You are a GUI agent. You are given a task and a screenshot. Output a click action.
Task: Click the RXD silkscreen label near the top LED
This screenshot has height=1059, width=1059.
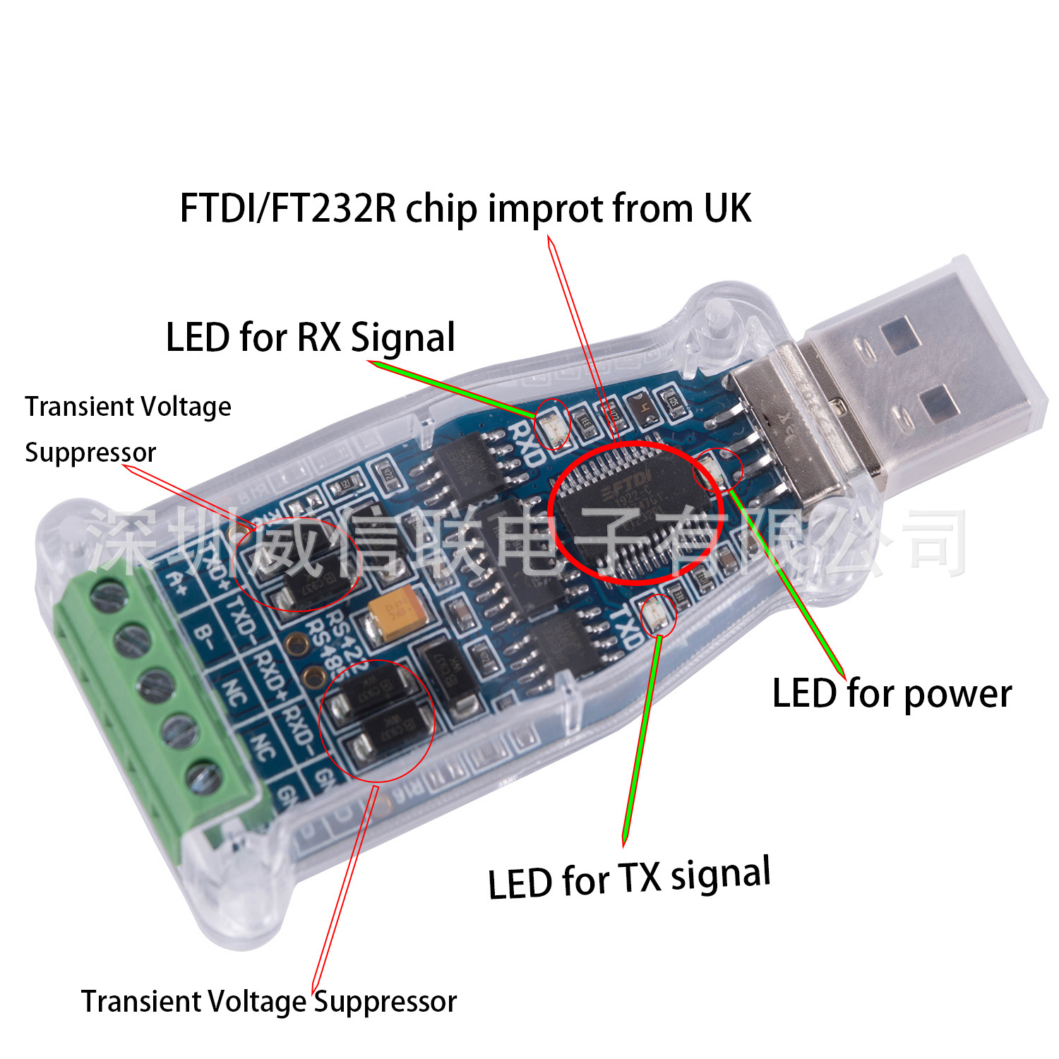[527, 443]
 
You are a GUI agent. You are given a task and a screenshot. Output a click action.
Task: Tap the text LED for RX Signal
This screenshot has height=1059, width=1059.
[311, 337]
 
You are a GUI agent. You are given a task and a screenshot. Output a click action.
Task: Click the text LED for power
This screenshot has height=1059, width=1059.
[892, 693]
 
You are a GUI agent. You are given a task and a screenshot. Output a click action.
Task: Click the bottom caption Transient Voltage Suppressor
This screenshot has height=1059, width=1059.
[269, 1002]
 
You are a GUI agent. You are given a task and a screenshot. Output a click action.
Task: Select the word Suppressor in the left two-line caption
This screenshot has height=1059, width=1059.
[90, 453]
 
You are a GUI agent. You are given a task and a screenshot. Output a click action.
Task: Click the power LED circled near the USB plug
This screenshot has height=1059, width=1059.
[714, 467]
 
